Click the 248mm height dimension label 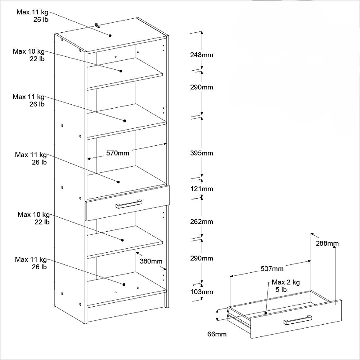[202, 55]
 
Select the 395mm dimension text [202, 153]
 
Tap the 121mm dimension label [202, 189]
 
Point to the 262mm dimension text [202, 222]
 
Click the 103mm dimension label [202, 292]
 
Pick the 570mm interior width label [117, 153]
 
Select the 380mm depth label [151, 261]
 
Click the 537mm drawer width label [272, 269]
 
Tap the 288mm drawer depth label [327, 243]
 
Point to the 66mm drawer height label [217, 334]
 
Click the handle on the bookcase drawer [129, 204]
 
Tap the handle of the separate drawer [297, 320]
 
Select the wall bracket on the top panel [97, 25]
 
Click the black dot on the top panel [110, 36]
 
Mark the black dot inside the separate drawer [266, 313]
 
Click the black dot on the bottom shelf [124, 284]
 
